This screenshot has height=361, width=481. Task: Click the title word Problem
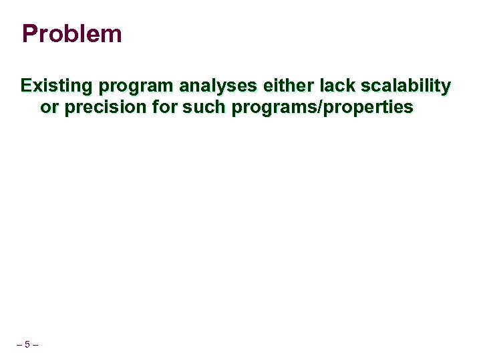(x=71, y=34)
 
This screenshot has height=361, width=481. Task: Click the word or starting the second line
(x=49, y=108)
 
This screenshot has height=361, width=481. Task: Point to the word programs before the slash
(x=275, y=108)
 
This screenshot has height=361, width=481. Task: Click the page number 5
(x=27, y=345)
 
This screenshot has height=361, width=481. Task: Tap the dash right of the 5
(x=35, y=345)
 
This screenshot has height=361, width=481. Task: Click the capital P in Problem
(x=29, y=34)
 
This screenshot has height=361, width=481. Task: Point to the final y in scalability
(x=446, y=88)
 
